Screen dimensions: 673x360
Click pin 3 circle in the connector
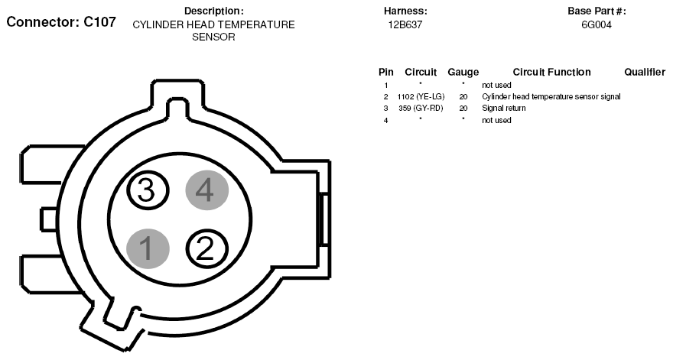coord(148,190)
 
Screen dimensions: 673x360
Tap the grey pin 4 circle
coord(207,190)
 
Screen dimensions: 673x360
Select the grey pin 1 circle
coord(148,248)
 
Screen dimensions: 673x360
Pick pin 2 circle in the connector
coord(207,248)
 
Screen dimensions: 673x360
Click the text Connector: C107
coord(61,22)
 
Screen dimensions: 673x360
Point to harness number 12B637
coord(405,25)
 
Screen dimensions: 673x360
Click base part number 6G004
coord(597,25)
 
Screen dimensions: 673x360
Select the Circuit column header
coord(421,72)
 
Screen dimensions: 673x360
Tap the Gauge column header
coord(463,72)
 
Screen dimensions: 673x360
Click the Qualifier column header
coord(645,72)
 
